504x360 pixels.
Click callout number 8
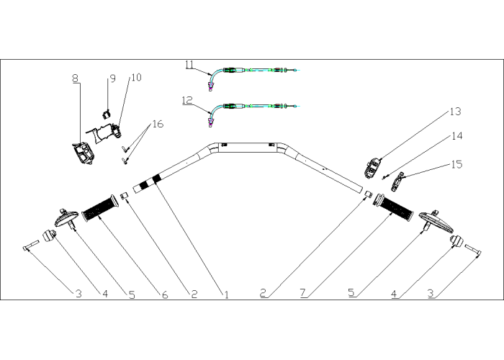[x=75, y=78]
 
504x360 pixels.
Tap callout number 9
[x=112, y=78]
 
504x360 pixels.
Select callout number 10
[x=136, y=78]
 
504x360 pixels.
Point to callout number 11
[x=189, y=65]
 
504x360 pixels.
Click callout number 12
[x=187, y=100]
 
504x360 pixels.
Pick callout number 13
[x=455, y=112]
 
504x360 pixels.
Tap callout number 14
[x=457, y=136]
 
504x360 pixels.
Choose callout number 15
[x=456, y=164]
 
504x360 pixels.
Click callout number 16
[x=158, y=124]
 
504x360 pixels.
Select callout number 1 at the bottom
[x=226, y=294]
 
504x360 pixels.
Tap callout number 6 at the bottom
[x=165, y=294]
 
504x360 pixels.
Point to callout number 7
[x=303, y=293]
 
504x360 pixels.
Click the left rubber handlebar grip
[x=100, y=208]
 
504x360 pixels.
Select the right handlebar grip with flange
[x=393, y=207]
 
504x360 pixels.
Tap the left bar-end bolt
[x=31, y=246]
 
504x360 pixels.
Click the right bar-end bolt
[x=472, y=251]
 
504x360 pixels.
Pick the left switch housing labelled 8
[x=83, y=153]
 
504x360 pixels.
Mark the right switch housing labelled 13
[x=372, y=168]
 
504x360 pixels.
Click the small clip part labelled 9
[x=106, y=114]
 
